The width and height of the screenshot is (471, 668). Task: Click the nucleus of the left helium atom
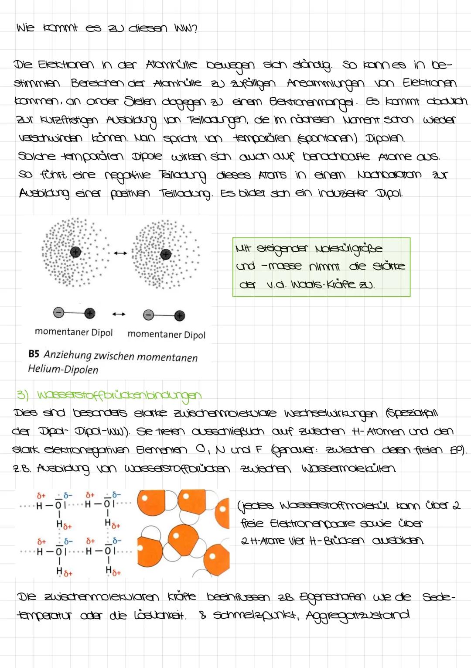(76, 252)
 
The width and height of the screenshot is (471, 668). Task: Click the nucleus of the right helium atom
(166, 254)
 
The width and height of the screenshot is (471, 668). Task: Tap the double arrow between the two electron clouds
(121, 253)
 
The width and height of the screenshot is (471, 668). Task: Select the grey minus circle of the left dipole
(58, 312)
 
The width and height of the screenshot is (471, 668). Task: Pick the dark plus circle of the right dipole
(179, 315)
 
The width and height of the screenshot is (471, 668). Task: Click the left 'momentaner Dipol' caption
(74, 332)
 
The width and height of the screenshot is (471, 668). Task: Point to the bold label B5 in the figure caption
(34, 354)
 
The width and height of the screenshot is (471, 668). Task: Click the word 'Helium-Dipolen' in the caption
(63, 370)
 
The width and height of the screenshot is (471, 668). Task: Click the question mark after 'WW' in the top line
(195, 29)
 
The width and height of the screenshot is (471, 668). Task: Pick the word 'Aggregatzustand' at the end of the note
(358, 615)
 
